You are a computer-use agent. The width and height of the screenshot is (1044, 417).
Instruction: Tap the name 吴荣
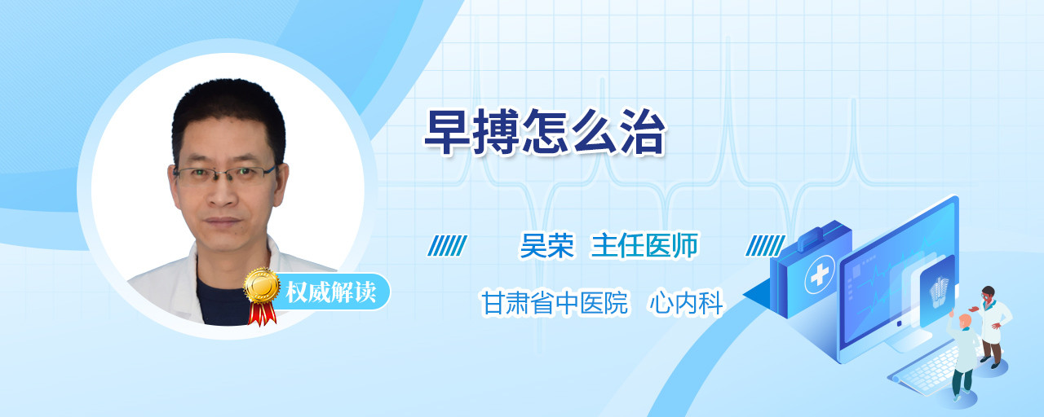(547, 245)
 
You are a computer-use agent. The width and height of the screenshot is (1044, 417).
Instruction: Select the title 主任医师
(644, 245)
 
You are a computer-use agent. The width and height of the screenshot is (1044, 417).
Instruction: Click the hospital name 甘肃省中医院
(555, 302)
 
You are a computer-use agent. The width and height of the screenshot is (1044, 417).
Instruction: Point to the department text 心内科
(686, 302)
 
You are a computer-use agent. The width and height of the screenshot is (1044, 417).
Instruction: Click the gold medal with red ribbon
(262, 296)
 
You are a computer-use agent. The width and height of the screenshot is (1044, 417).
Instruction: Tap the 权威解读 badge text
(331, 292)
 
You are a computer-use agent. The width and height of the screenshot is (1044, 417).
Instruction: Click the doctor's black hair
(228, 112)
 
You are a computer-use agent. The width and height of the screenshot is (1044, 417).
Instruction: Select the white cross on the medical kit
(820, 274)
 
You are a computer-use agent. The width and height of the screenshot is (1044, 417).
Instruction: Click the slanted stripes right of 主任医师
(765, 246)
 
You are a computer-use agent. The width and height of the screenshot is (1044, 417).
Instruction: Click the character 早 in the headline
(446, 132)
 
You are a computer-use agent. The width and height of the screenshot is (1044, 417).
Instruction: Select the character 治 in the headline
(644, 132)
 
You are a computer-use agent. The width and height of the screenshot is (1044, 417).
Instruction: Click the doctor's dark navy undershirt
(220, 302)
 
